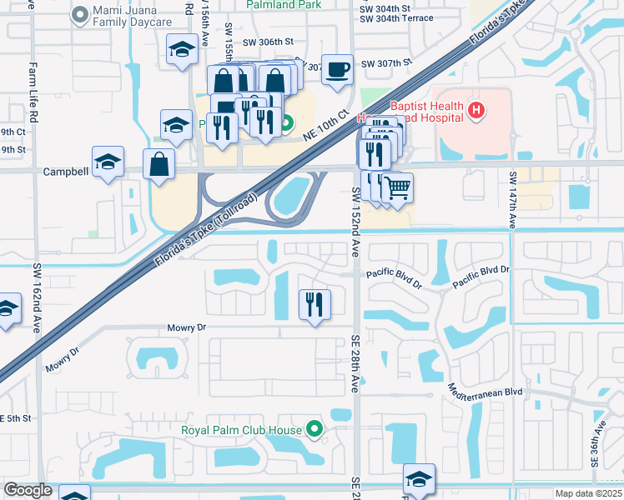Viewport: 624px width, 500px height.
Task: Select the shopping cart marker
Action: pos(398,188)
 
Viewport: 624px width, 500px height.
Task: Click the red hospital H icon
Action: pos(476,109)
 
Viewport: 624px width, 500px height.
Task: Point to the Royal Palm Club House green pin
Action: pos(315,430)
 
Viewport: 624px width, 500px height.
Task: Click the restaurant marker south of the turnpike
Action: pos(315,304)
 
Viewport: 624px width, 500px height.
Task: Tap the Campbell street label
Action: pos(66,171)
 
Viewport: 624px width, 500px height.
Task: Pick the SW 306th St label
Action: pos(269,41)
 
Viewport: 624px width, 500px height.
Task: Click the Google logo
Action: pos(28,490)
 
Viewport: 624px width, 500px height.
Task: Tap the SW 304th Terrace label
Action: pos(397,17)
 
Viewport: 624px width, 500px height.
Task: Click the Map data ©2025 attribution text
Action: pos(588,494)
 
